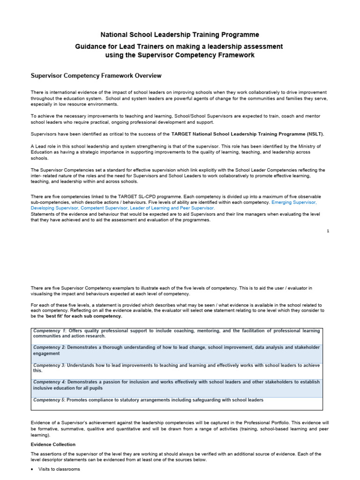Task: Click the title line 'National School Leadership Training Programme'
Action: click(180, 35)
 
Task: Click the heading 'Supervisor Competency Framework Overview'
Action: click(96, 75)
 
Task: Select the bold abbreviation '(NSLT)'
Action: click(315, 134)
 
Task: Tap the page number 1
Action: click(328, 231)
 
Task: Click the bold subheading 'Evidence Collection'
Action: click(53, 444)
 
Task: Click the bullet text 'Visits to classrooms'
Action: click(60, 469)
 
